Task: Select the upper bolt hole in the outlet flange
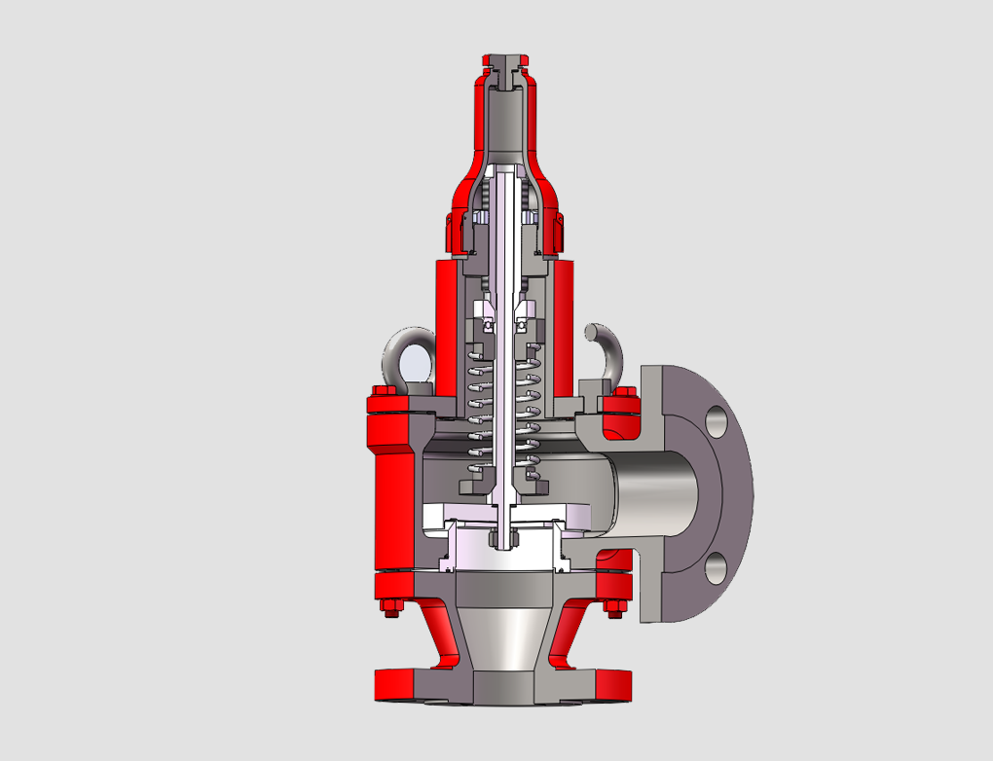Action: [x=717, y=421]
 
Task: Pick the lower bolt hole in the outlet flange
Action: [x=717, y=565]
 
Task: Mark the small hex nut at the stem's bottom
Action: [x=503, y=535]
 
